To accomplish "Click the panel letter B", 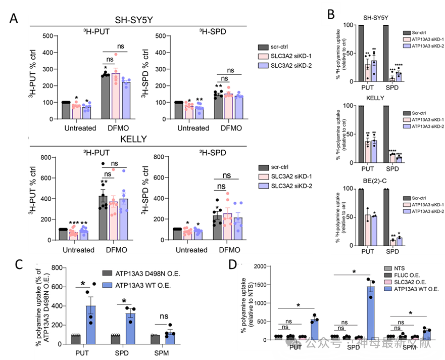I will pyautogui.click(x=331, y=15).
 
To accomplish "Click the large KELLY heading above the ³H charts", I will pyautogui.click(x=133, y=140).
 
